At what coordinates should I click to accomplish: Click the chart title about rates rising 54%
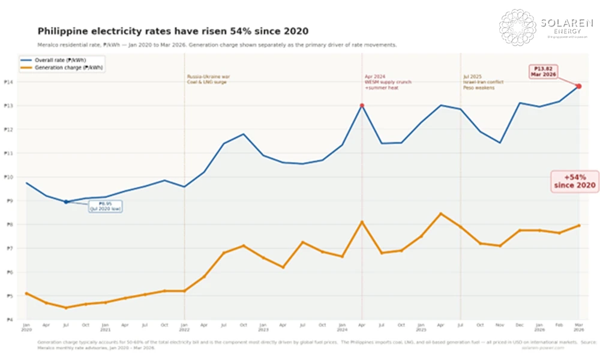[x=173, y=31]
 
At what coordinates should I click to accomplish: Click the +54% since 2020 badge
[x=575, y=181]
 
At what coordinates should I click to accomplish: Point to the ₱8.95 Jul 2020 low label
[x=106, y=207]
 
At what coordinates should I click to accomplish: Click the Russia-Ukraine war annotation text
[x=208, y=79]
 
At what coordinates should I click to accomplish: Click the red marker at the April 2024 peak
[x=362, y=106]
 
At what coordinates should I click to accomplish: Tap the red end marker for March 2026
[x=578, y=86]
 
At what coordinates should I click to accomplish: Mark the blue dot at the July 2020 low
[x=66, y=202]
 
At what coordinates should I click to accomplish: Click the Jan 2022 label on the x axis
[x=184, y=327]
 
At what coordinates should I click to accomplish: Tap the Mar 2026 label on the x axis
[x=578, y=327]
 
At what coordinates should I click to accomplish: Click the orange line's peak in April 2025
[x=440, y=214]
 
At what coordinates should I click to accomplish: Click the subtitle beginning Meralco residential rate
[x=217, y=45]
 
